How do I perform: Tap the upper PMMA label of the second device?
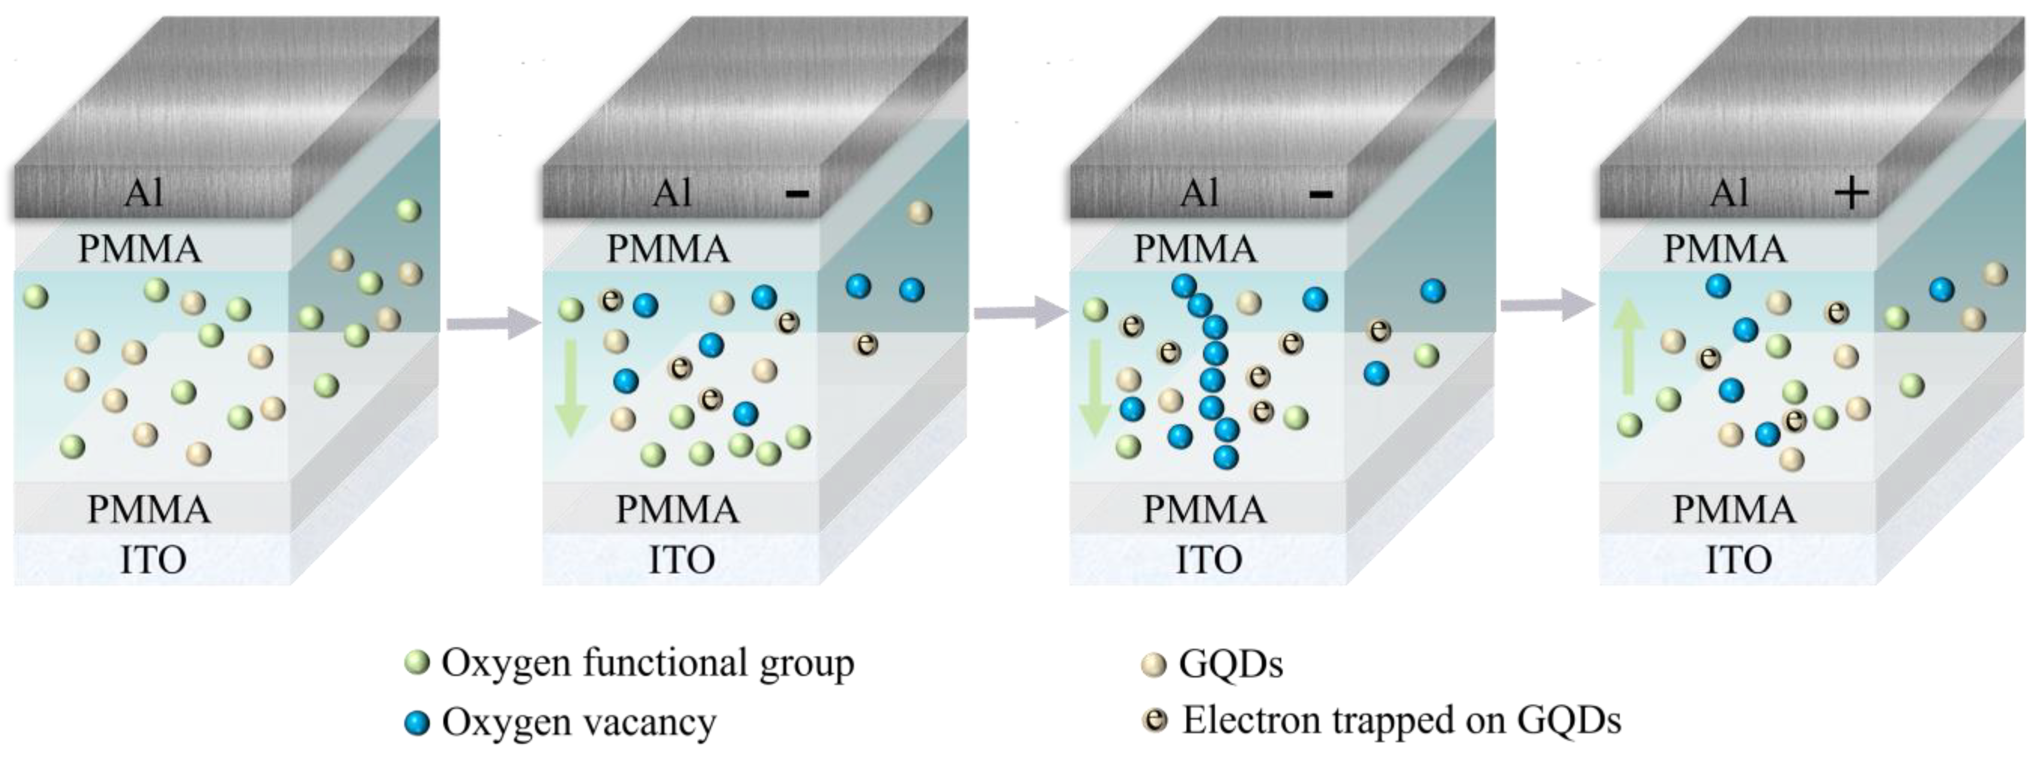point(669,249)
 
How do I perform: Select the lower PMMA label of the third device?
point(1204,509)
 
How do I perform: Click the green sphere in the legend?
point(416,663)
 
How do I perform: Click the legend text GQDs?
point(1230,663)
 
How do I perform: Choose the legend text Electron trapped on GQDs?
point(1401,720)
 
